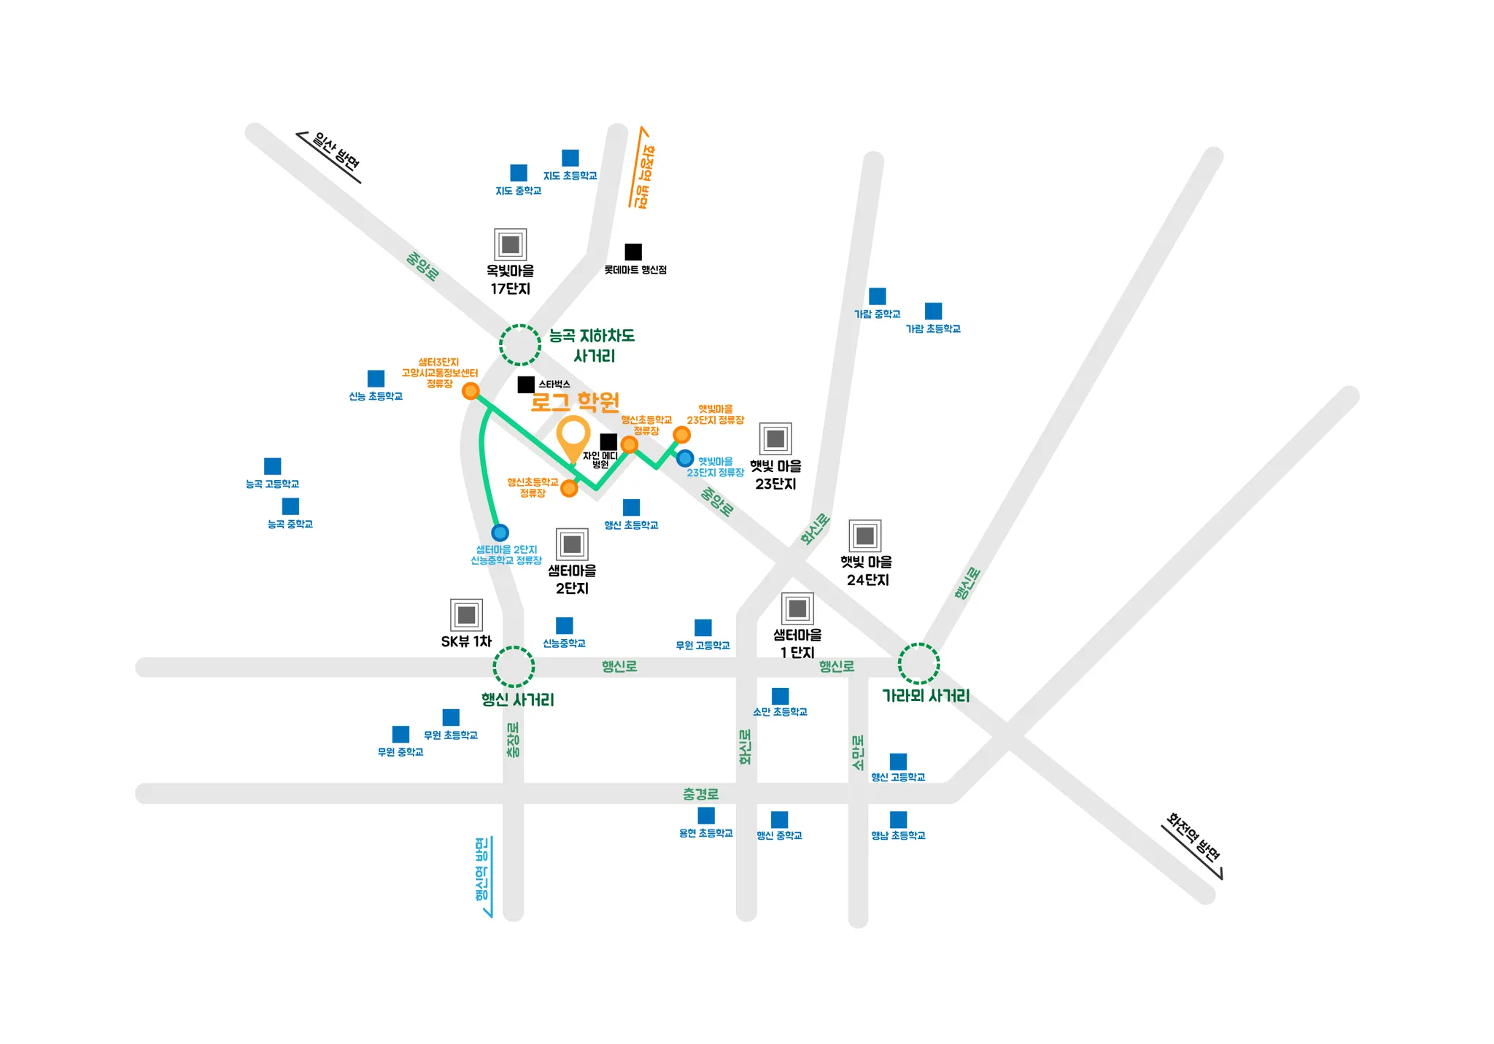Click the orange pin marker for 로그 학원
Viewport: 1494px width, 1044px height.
click(x=573, y=436)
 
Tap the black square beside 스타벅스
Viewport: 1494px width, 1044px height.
click(x=525, y=384)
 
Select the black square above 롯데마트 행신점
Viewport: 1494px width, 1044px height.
click(x=633, y=252)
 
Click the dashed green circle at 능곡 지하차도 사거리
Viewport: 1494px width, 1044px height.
click(x=520, y=344)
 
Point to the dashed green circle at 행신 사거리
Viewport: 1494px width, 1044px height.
click(x=514, y=666)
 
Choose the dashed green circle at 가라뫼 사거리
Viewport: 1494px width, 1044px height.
click(x=918, y=664)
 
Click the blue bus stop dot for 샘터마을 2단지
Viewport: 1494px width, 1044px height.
click(x=500, y=532)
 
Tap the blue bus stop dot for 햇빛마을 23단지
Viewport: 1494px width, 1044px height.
click(x=684, y=458)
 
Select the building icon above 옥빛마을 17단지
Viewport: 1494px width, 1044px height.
click(x=510, y=244)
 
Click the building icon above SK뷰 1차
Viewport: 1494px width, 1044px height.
click(x=466, y=615)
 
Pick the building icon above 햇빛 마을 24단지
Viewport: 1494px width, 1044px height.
click(x=865, y=536)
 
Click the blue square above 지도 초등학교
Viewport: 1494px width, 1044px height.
click(x=570, y=158)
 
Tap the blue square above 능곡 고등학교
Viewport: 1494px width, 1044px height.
click(x=272, y=466)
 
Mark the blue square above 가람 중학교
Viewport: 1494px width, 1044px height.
click(x=878, y=296)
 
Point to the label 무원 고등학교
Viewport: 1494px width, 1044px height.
click(x=703, y=646)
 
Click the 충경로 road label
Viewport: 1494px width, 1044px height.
click(x=700, y=794)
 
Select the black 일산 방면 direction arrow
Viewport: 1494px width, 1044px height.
click(x=328, y=158)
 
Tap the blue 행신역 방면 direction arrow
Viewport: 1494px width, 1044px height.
click(x=487, y=876)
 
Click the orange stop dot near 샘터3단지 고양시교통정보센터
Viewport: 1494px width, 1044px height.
click(x=471, y=391)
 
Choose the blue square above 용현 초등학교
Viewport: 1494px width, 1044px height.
click(x=706, y=816)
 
